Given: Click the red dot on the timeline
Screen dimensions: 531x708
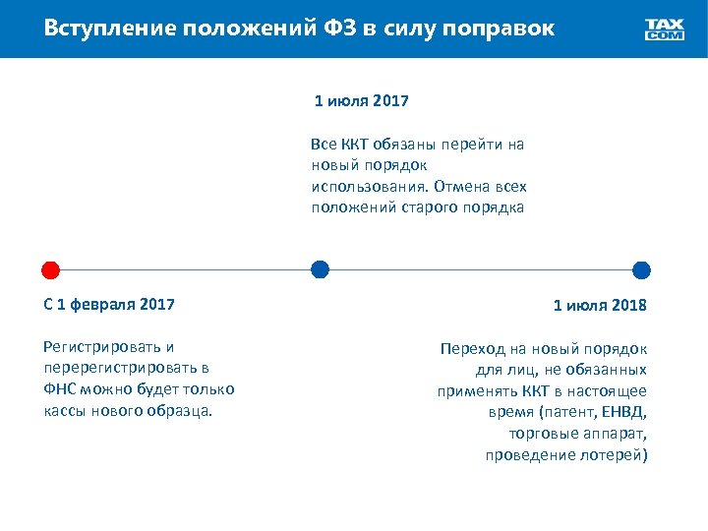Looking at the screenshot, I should (x=51, y=269).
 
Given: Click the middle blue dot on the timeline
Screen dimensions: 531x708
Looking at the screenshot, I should (x=320, y=269).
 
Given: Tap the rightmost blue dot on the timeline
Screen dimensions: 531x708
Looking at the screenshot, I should (x=642, y=269).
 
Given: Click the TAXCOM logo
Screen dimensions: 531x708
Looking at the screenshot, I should (x=665, y=29).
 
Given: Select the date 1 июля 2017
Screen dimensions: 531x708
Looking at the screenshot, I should (x=362, y=100).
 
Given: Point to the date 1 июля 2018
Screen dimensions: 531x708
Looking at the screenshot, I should (x=600, y=305).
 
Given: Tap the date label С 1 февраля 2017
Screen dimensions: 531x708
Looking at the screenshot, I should (x=110, y=305).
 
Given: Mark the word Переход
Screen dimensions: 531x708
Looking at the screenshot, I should (x=471, y=348).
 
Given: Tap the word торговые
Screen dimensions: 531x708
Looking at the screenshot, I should (x=543, y=434).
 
